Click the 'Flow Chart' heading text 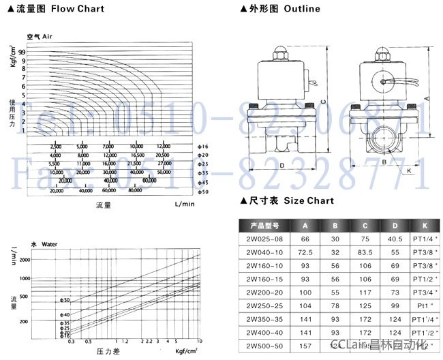point(77,10)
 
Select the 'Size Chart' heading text point(310,200)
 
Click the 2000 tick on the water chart point(25,260)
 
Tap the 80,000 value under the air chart point(134,191)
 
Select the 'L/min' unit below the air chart point(184,204)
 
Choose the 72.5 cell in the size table point(305,252)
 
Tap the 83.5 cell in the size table point(365,252)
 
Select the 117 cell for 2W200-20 point(365,291)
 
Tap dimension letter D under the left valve point(281,166)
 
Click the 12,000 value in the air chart point(163,147)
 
